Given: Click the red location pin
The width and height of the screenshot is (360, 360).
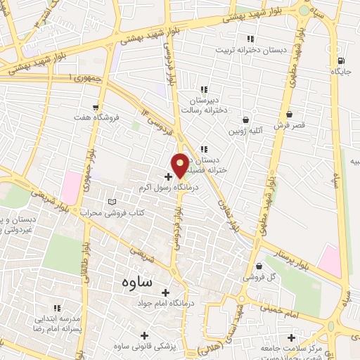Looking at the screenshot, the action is click(x=180, y=165).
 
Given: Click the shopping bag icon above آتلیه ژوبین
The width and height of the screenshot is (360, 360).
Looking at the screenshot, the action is click(x=245, y=120).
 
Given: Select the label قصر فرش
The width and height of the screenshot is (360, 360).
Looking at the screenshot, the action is click(x=289, y=124).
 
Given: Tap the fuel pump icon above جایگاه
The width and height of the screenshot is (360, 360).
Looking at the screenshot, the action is click(x=341, y=60).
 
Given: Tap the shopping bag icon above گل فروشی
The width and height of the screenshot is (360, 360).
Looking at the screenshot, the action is click(x=258, y=267).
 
